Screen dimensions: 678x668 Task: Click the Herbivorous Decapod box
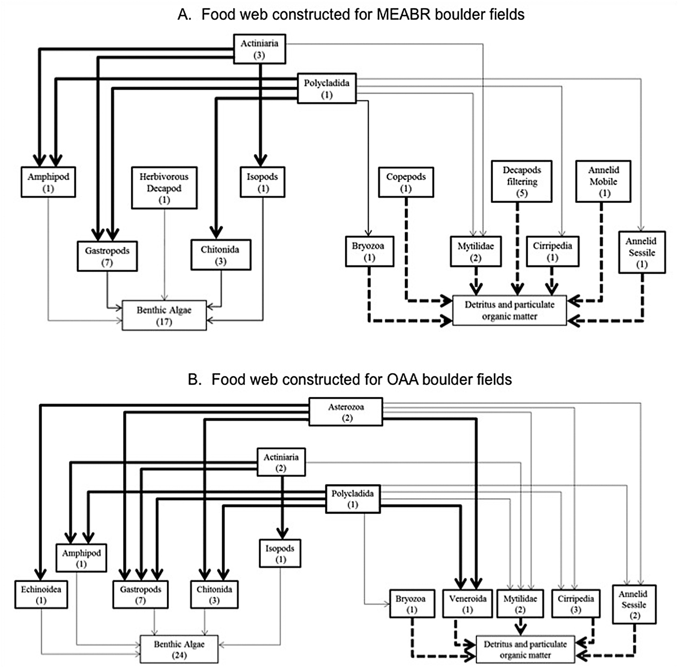(164, 188)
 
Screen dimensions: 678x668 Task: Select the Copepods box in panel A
(406, 182)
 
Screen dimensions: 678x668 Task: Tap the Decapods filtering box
(522, 181)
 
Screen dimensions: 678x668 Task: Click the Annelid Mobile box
(603, 181)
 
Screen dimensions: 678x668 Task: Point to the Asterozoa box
(346, 412)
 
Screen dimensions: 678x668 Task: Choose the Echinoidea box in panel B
(41, 594)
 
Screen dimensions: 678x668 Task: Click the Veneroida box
(467, 603)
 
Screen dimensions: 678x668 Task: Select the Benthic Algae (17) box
(164, 315)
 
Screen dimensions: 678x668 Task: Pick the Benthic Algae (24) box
(179, 649)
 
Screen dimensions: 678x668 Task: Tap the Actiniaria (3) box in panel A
(260, 49)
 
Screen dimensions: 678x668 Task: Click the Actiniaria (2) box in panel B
(281, 462)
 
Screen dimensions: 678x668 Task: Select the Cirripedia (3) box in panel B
(576, 603)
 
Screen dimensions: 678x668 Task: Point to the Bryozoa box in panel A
(369, 251)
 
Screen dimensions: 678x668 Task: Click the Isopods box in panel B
(280, 553)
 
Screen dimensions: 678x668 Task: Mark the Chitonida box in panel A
(221, 255)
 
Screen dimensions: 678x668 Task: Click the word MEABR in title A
(403, 15)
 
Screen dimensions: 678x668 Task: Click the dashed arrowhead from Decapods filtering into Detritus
(517, 289)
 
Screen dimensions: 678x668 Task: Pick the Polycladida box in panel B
(353, 499)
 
